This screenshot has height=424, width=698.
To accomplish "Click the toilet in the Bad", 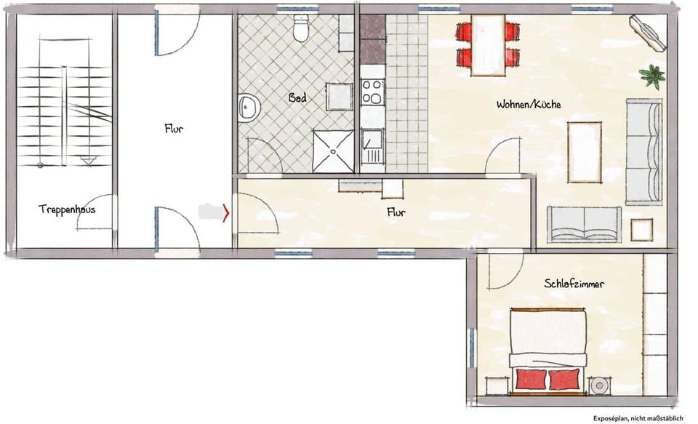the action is (x=301, y=28).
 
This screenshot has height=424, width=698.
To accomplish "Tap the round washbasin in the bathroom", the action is (x=249, y=108).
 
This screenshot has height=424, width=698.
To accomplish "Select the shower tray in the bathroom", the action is (x=334, y=151).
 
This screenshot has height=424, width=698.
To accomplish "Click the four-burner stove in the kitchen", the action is (x=372, y=92).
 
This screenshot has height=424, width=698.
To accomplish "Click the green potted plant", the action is (x=652, y=76).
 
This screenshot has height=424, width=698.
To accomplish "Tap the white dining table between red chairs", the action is (x=488, y=45).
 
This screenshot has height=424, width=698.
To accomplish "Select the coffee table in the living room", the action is (x=585, y=152).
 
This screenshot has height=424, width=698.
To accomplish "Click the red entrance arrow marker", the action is (x=226, y=212).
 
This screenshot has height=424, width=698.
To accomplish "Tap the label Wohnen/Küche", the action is (x=529, y=104).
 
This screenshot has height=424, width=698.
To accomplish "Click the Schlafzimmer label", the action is (x=574, y=283).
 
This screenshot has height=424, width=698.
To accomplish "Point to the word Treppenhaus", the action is (x=67, y=209).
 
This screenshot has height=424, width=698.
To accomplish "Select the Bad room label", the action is (x=297, y=97).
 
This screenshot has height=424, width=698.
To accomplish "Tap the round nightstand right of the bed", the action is (x=598, y=385).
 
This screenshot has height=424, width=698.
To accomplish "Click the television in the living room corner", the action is (x=648, y=33).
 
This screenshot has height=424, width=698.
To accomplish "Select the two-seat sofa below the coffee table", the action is (x=584, y=225).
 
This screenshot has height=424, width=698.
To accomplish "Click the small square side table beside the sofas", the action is (x=641, y=230).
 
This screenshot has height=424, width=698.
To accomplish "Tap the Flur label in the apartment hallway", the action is (x=396, y=212).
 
